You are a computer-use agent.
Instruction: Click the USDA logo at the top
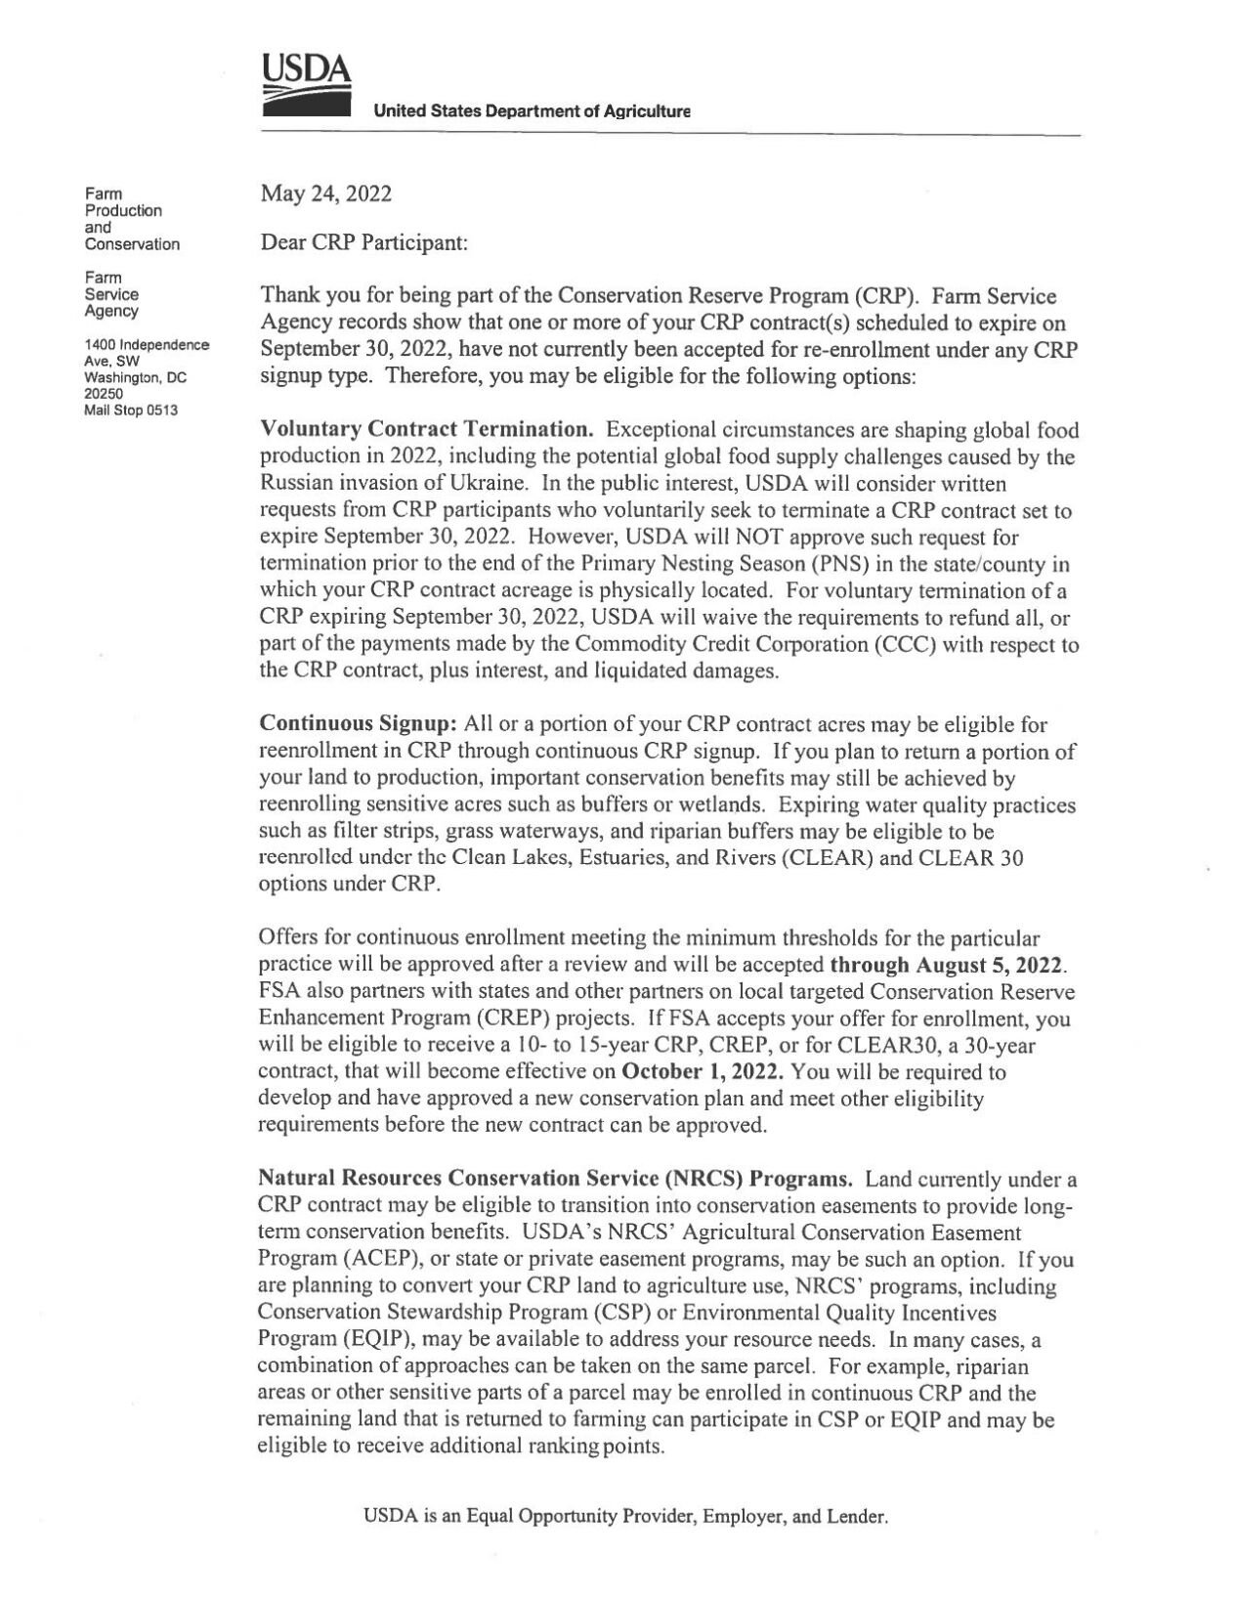[306, 89]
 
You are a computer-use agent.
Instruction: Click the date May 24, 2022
[325, 194]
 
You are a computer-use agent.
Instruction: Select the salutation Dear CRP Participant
[364, 242]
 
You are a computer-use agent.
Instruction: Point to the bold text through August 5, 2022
[947, 965]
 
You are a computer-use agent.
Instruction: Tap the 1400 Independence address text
[147, 345]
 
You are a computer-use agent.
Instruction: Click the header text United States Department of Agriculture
[532, 112]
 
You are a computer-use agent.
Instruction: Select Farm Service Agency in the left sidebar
[111, 294]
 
